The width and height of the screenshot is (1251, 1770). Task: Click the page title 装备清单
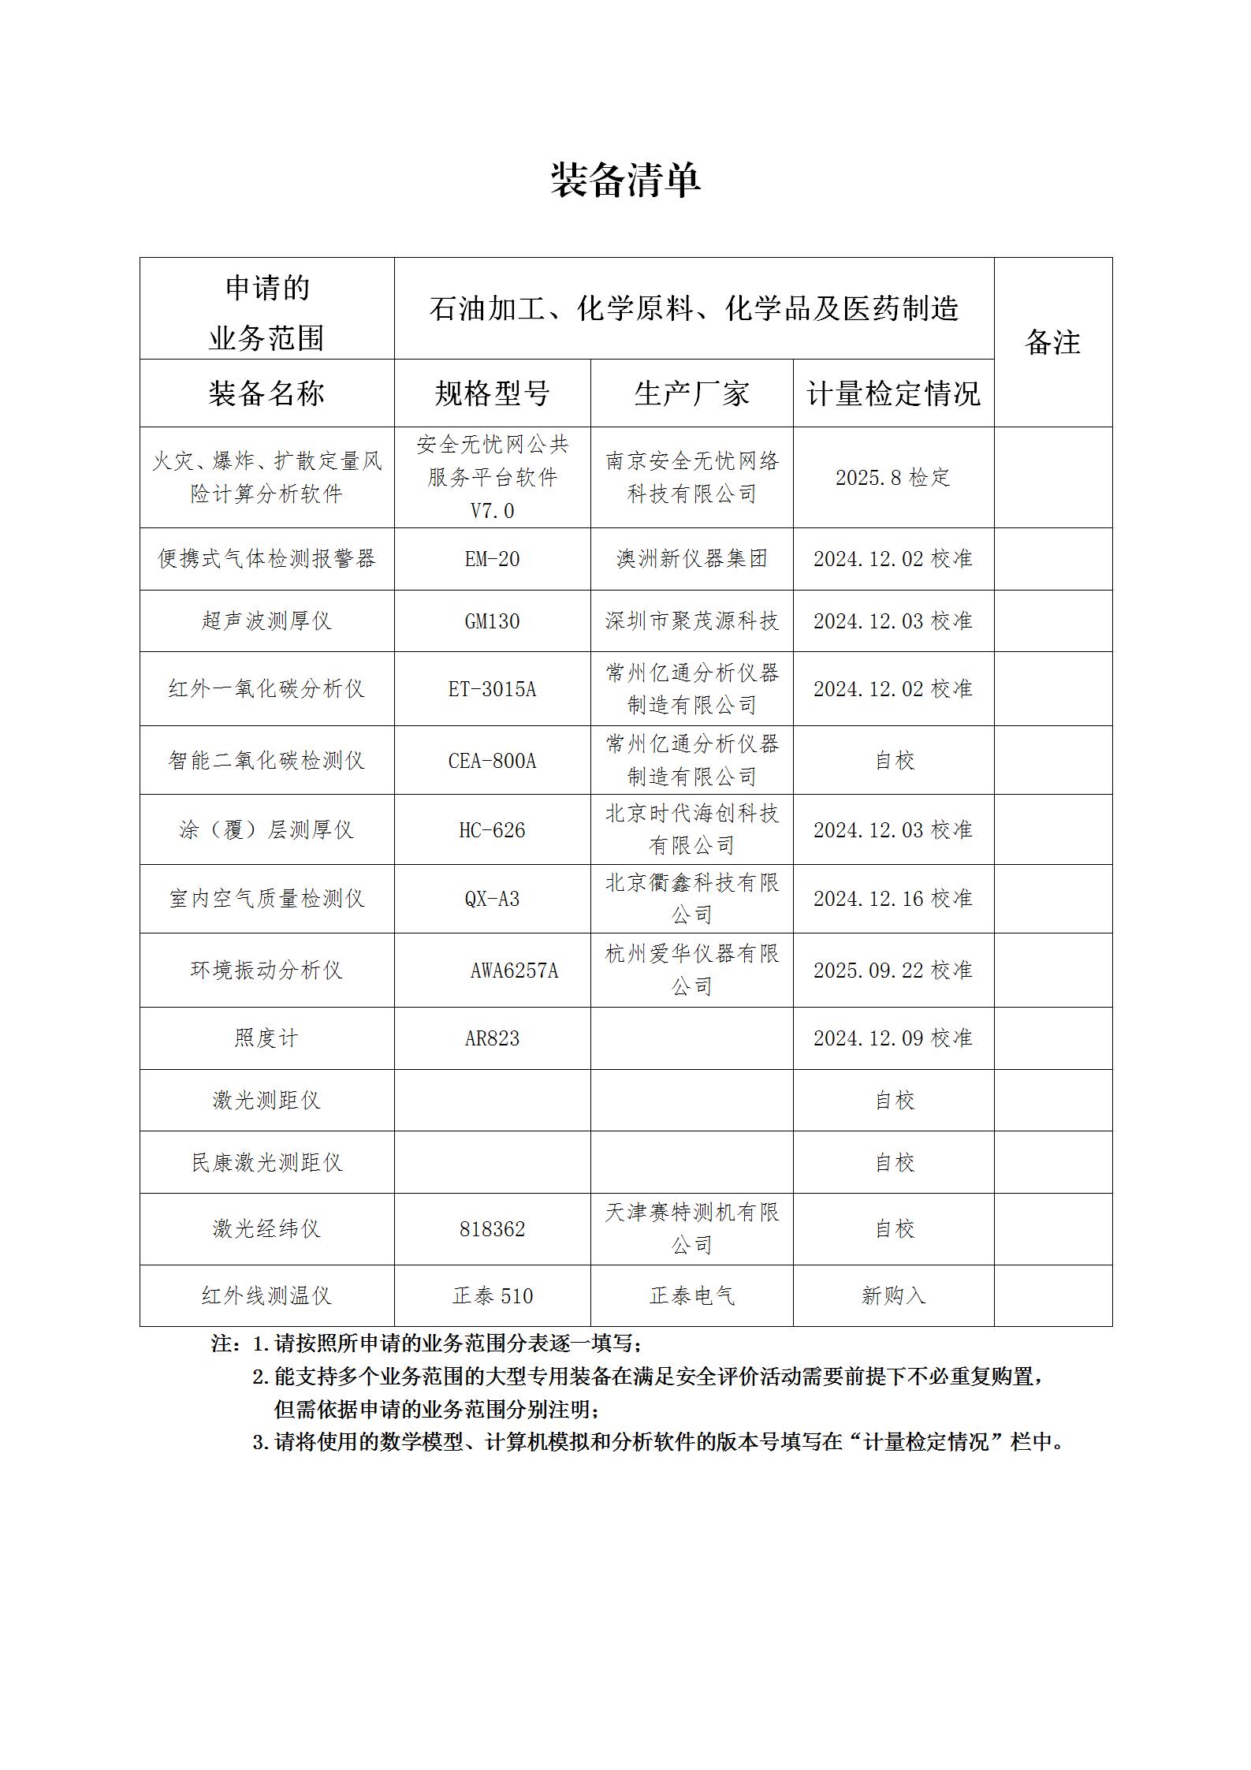point(625,181)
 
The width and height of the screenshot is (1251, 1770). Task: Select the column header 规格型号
point(492,393)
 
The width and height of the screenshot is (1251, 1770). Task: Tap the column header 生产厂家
point(691,393)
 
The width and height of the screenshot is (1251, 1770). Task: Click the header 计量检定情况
point(893,393)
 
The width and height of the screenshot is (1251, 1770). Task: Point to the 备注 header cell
point(1052,342)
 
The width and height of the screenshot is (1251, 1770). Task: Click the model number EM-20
point(492,559)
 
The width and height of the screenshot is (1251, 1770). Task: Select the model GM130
point(492,621)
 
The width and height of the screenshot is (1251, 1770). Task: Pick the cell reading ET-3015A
point(492,689)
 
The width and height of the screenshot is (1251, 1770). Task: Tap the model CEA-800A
point(492,761)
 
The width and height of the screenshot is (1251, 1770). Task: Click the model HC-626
point(492,830)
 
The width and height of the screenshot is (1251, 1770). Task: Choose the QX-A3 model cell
point(492,899)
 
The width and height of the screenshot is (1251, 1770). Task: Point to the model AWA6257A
point(514,971)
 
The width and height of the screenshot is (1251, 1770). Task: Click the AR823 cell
point(492,1038)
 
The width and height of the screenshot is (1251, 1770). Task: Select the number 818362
point(492,1229)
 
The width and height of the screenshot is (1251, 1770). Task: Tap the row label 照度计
point(266,1038)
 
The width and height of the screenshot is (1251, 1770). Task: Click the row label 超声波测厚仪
point(266,621)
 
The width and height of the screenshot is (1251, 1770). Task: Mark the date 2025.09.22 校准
point(893,971)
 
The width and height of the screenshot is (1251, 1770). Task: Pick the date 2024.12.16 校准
point(893,899)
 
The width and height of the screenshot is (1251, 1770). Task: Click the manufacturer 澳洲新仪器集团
point(691,559)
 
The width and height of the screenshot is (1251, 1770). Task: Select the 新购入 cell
point(893,1295)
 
